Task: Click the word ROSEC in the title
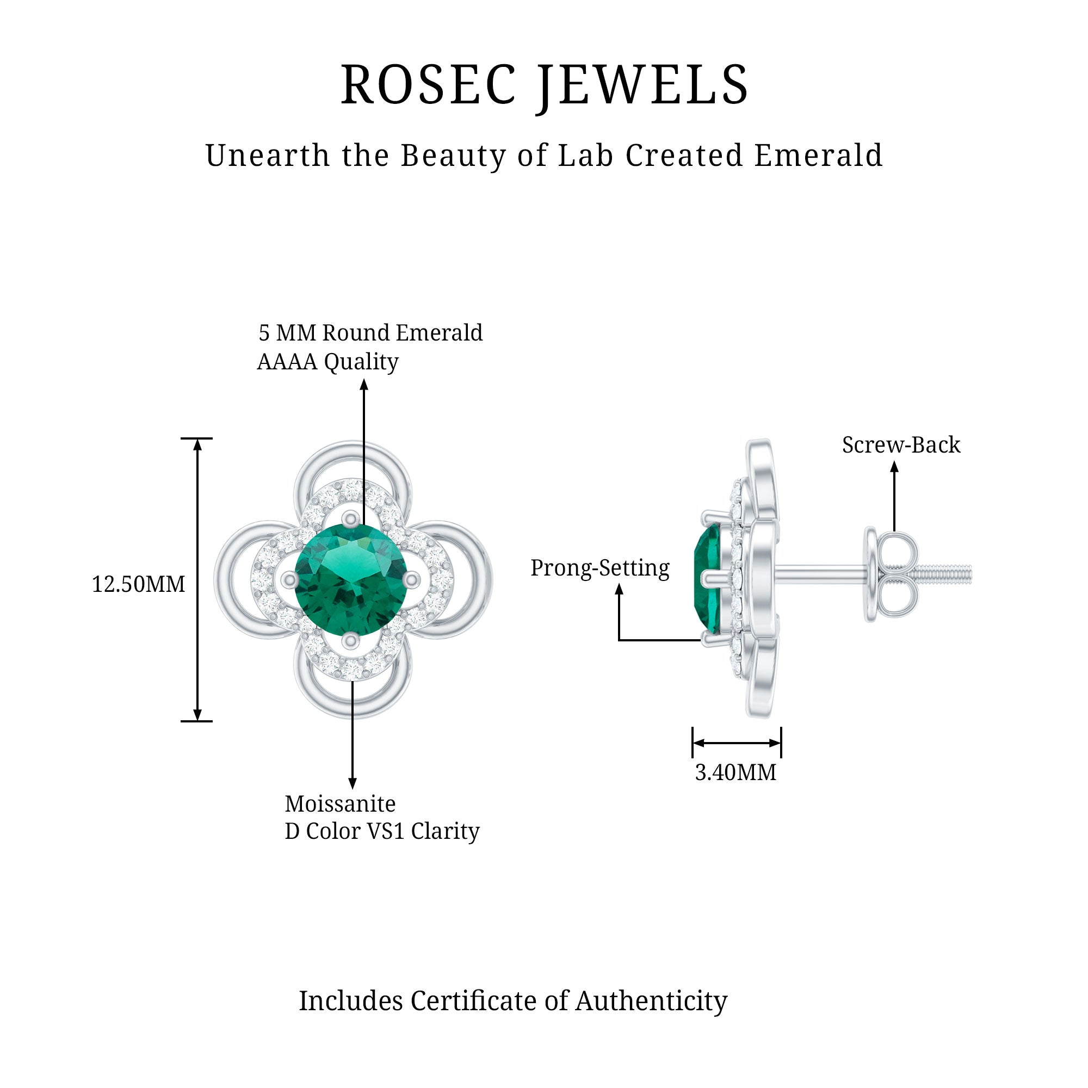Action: point(429,85)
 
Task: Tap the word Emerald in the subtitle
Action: point(818,156)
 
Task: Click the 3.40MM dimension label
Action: point(735,772)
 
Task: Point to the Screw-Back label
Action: point(901,445)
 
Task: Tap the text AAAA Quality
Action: point(327,362)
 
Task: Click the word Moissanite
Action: point(340,803)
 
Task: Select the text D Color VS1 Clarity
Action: point(382,831)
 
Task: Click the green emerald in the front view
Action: point(350,579)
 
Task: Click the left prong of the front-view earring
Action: point(290,579)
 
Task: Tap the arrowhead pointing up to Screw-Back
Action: point(894,467)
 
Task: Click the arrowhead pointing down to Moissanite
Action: point(353,783)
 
